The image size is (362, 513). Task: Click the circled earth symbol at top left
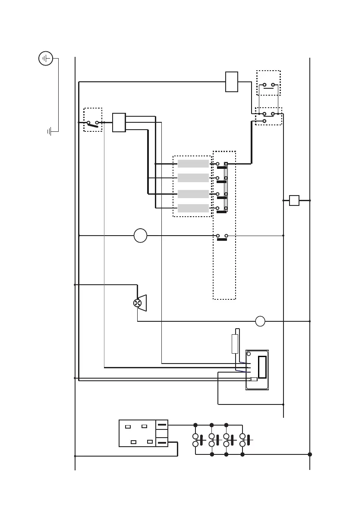(46, 58)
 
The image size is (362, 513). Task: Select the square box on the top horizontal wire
(232, 82)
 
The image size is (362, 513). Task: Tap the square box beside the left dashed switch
(119, 122)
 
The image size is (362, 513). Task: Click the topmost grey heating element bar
(193, 164)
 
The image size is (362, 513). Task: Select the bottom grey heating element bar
(193, 208)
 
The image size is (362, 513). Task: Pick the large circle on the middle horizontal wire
(140, 236)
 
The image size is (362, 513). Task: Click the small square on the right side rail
(294, 200)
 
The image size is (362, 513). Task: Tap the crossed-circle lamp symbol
(138, 303)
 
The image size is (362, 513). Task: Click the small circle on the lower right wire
(260, 321)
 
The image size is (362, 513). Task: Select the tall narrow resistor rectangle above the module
(235, 344)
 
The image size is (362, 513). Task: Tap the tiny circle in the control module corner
(249, 354)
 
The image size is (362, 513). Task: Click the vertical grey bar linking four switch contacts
(226, 187)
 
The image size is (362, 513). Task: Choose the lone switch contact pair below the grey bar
(222, 236)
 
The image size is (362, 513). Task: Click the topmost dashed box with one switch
(268, 83)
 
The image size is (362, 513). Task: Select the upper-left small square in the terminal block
(128, 427)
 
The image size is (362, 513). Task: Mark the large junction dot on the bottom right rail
(310, 454)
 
